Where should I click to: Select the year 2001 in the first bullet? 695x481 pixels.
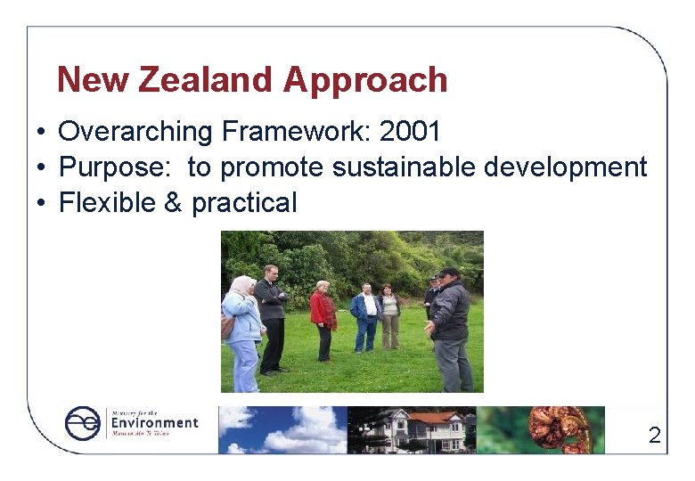tap(410, 132)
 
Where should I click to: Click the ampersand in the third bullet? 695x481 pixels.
tap(173, 203)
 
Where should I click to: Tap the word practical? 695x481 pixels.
tap(244, 204)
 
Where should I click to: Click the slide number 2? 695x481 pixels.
tap(655, 436)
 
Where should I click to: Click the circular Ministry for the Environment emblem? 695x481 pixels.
tap(84, 423)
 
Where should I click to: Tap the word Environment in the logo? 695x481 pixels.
tap(154, 423)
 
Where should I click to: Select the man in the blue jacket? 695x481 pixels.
tap(365, 316)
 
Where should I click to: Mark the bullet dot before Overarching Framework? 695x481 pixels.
tap(42, 133)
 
